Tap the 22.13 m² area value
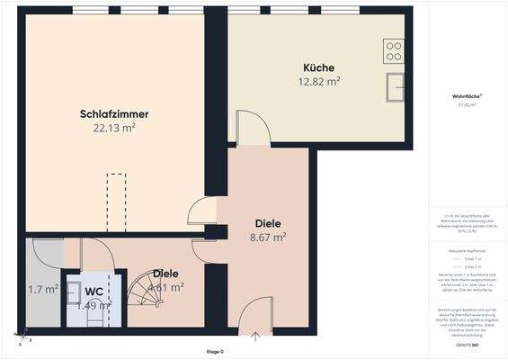pos(113,128)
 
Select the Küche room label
pos(319,67)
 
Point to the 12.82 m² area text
pos(319,81)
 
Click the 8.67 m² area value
pos(268,238)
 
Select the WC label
pos(94,292)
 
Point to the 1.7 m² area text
pos(43,290)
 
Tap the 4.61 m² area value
pos(166,288)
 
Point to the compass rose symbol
pos(20,337)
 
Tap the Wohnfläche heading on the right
pos(466,96)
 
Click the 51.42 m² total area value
pos(466,105)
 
